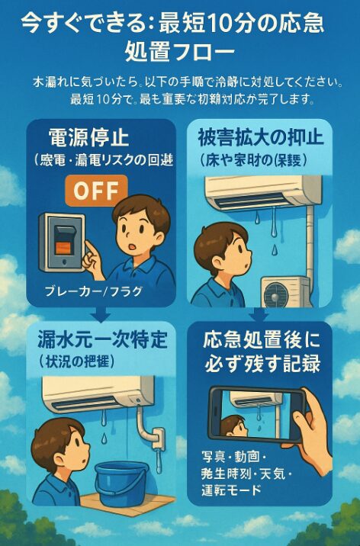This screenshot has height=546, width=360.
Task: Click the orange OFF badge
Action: coord(95,190)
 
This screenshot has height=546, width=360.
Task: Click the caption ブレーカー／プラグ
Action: coord(84,291)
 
